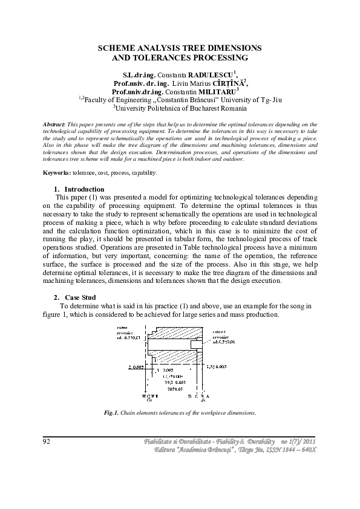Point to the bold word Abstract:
[x=55, y=123]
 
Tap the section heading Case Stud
[x=80, y=297]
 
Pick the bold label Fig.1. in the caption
[x=111, y=413]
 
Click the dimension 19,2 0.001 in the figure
[x=164, y=381]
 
